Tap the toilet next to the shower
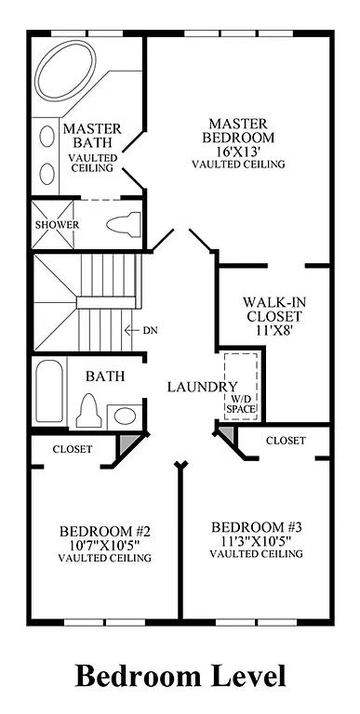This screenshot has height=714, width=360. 123,224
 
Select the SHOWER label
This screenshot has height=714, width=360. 57,225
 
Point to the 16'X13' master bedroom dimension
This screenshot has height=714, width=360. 237,151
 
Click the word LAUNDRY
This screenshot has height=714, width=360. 202,386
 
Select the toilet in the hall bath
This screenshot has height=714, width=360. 90,408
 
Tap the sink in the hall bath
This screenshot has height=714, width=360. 124,415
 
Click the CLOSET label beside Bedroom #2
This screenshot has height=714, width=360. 71,449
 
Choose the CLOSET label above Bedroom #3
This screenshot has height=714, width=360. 286,440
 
